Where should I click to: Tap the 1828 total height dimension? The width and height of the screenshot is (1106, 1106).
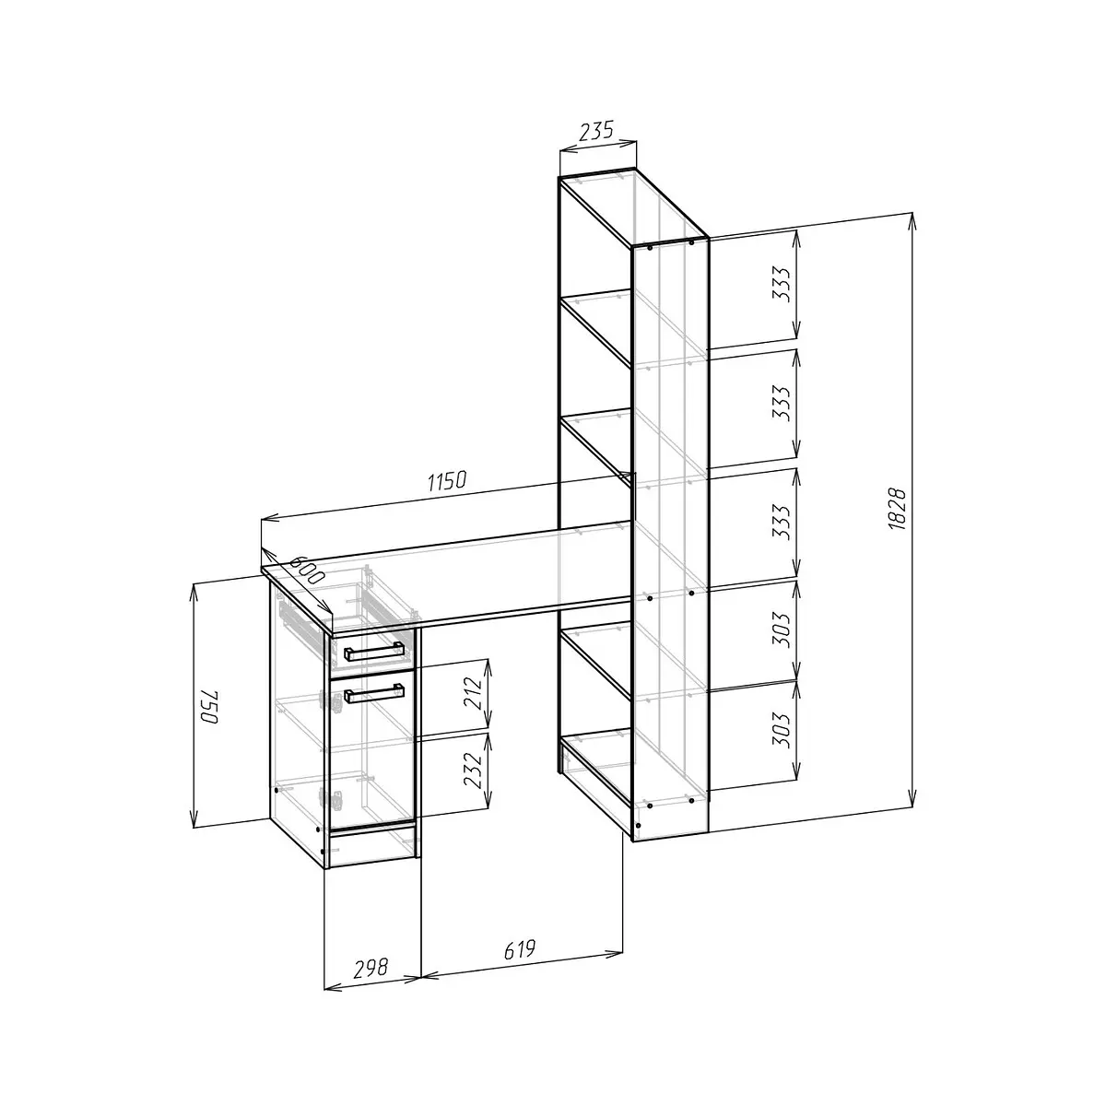click(897, 509)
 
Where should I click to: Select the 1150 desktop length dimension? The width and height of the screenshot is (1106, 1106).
click(447, 481)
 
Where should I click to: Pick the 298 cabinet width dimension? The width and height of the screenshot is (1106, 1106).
click(371, 968)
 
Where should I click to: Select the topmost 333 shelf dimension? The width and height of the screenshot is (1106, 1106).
click(782, 284)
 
